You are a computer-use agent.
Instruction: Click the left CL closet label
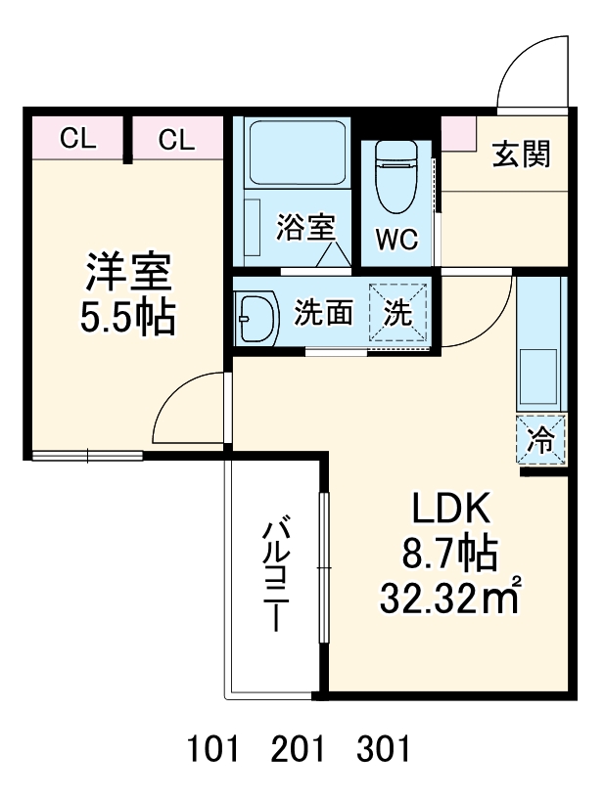(77, 139)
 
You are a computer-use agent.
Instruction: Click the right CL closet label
(176, 139)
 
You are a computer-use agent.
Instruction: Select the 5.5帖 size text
(128, 317)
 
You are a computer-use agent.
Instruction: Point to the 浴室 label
(305, 227)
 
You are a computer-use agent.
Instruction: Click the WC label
(396, 239)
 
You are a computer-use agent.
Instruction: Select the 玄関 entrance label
(520, 154)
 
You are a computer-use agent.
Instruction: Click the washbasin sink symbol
(258, 315)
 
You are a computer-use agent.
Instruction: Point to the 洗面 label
(323, 313)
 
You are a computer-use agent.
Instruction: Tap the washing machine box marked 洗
(398, 313)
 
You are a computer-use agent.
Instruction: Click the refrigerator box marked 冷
(541, 440)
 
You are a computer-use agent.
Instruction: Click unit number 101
(212, 750)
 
